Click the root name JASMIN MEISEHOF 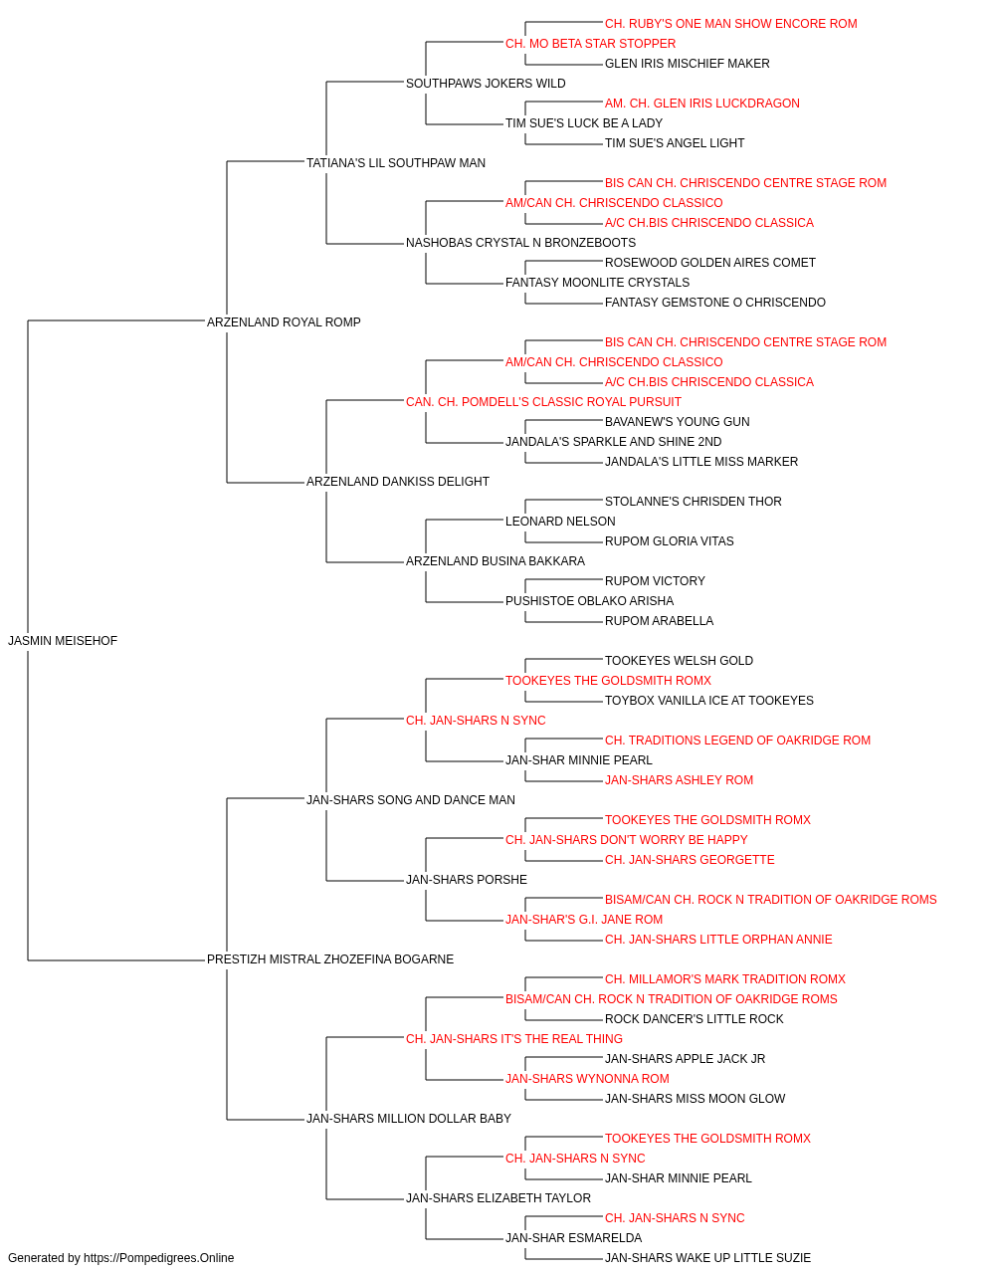tap(63, 641)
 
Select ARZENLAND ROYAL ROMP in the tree tap(284, 321)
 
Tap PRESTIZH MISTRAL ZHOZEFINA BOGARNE tap(330, 959)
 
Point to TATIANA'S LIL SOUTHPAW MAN tap(396, 163)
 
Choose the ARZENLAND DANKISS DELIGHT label tap(397, 482)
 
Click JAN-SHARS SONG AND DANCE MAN tap(410, 799)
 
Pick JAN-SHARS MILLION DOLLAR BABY tap(408, 1118)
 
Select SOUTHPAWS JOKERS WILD tap(486, 84)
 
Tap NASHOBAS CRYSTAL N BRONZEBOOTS tap(520, 243)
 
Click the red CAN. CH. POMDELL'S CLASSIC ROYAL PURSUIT tap(543, 401)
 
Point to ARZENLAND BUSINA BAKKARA tap(496, 561)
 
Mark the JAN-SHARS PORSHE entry tap(467, 880)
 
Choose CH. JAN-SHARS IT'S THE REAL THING tap(513, 1039)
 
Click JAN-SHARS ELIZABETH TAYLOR tap(498, 1197)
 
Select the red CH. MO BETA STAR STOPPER tap(590, 44)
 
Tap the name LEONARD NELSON tap(560, 522)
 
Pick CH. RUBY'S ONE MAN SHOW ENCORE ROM tap(730, 24)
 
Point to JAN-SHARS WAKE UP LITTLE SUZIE tap(707, 1258)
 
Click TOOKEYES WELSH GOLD tap(679, 661)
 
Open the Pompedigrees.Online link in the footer tap(159, 1258)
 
